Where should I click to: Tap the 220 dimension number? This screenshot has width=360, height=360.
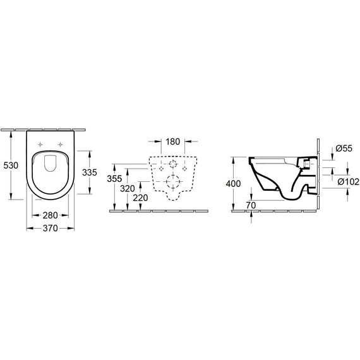coord(141,198)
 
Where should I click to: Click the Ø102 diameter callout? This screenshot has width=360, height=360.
coord(345,182)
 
